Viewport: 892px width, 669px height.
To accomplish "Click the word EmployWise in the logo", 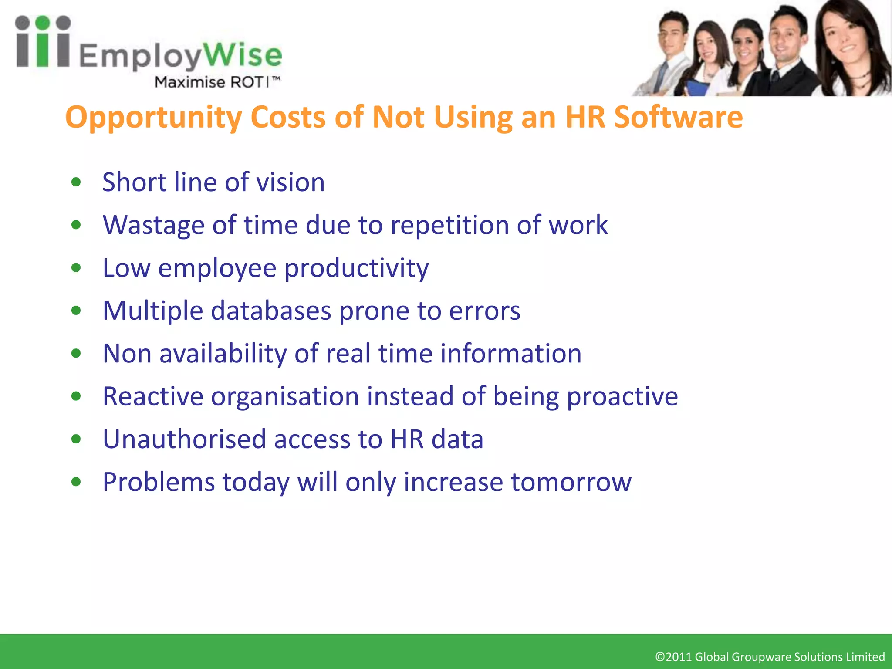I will tap(180, 56).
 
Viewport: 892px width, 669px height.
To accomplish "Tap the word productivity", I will tap(356, 268).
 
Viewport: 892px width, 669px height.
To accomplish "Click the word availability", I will tap(223, 354).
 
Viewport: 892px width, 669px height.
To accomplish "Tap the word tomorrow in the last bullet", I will tap(571, 482).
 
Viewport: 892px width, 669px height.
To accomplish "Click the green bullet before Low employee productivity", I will tap(76, 267).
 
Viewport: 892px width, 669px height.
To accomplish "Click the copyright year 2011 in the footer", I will tap(679, 657).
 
